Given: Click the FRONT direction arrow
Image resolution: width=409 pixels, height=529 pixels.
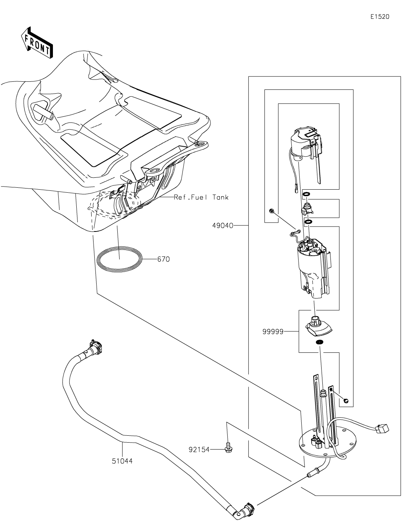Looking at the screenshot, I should (36, 42).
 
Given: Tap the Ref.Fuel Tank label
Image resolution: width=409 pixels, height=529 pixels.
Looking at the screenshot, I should (201, 197).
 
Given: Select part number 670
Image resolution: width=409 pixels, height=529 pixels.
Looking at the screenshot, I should (163, 259).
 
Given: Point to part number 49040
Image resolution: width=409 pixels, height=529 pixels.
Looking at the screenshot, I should (222, 226).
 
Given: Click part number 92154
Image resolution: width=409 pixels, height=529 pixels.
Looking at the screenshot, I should (199, 449).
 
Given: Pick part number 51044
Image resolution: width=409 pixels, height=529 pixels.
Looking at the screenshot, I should (122, 461).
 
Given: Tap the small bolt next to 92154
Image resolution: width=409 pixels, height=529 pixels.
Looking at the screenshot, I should (228, 447).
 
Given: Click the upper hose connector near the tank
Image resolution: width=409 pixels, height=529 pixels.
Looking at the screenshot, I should (95, 347).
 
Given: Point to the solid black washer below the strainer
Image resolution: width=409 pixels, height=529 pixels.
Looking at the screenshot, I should (319, 342).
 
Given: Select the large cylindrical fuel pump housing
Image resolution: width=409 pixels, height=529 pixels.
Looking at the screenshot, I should (314, 269).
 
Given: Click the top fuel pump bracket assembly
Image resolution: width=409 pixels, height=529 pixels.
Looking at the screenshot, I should (307, 146).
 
